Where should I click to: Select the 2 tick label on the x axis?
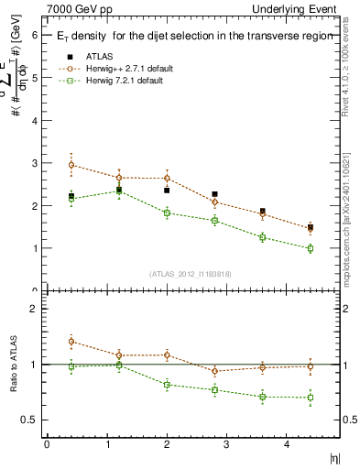click(x=167, y=445)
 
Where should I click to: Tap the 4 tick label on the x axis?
click(x=287, y=445)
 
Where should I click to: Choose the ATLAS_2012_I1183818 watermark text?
click(x=190, y=273)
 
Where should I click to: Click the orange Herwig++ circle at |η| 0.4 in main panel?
click(x=71, y=165)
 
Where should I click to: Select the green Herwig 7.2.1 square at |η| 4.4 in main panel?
click(x=311, y=248)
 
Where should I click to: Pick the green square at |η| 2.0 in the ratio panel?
click(x=167, y=385)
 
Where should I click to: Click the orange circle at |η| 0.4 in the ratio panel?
click(x=71, y=342)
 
